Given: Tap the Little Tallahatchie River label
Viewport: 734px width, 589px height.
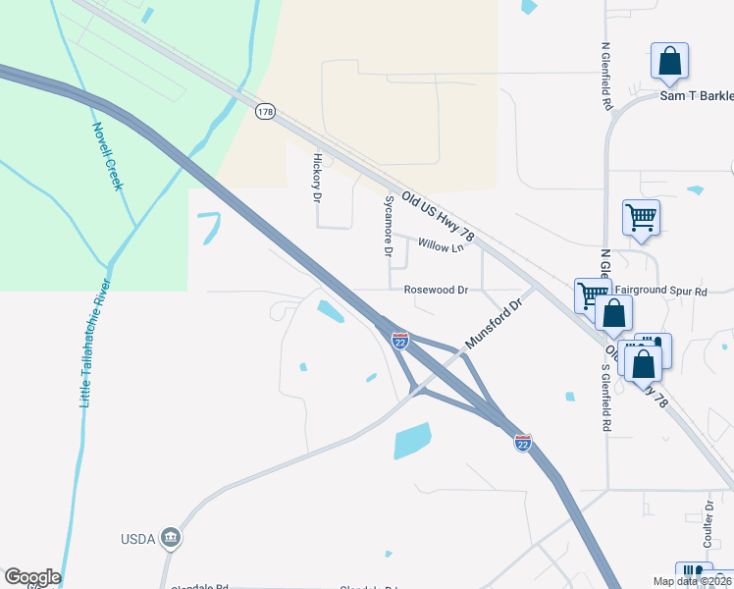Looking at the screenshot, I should click(x=96, y=343).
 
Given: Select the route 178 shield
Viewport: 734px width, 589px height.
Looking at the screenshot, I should click(x=264, y=112).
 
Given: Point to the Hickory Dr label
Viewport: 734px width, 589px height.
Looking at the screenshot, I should click(x=317, y=177).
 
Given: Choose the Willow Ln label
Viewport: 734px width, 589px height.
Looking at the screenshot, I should click(x=440, y=246).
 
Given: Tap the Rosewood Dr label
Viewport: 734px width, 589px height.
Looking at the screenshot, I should click(x=436, y=291).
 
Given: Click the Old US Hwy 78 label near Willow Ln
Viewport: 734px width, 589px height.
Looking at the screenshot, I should click(x=434, y=209).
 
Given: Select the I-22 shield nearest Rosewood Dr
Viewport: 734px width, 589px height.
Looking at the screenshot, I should click(x=400, y=340).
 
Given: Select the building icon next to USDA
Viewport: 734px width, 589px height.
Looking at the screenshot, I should click(x=172, y=537).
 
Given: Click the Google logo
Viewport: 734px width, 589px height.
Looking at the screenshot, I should click(x=32, y=577).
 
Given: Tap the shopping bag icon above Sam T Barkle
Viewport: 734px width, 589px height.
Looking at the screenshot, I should click(x=669, y=61).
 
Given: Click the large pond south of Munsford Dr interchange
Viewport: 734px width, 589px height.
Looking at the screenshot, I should click(x=412, y=441).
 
